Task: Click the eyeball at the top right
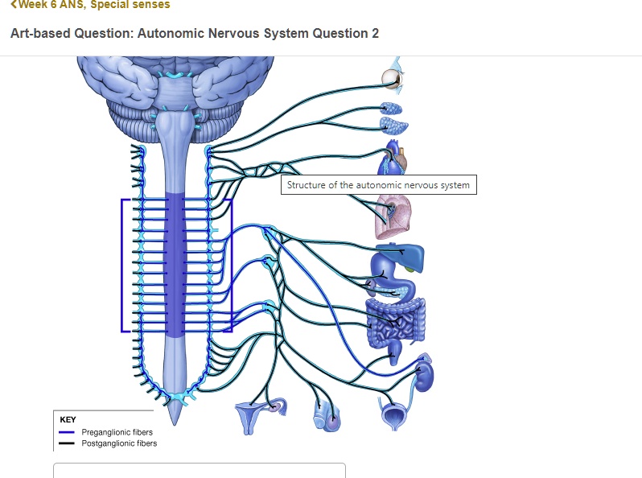392,77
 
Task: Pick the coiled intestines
393,321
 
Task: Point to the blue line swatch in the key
67,432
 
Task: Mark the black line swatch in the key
67,443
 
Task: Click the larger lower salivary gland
393,125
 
